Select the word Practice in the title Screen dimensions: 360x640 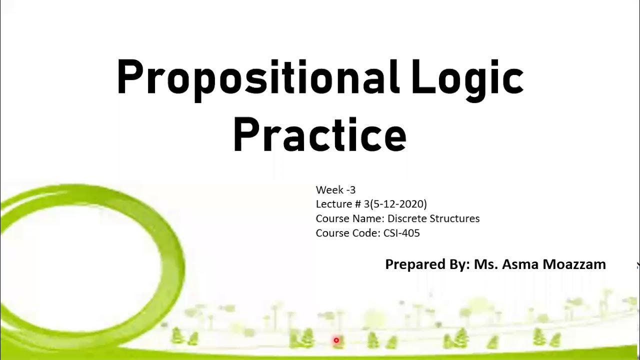319,135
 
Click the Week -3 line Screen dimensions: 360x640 335,190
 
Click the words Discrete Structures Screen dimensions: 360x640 433,218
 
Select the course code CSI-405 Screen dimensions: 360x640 401,233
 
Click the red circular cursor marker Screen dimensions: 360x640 336,340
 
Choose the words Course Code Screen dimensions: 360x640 347,233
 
